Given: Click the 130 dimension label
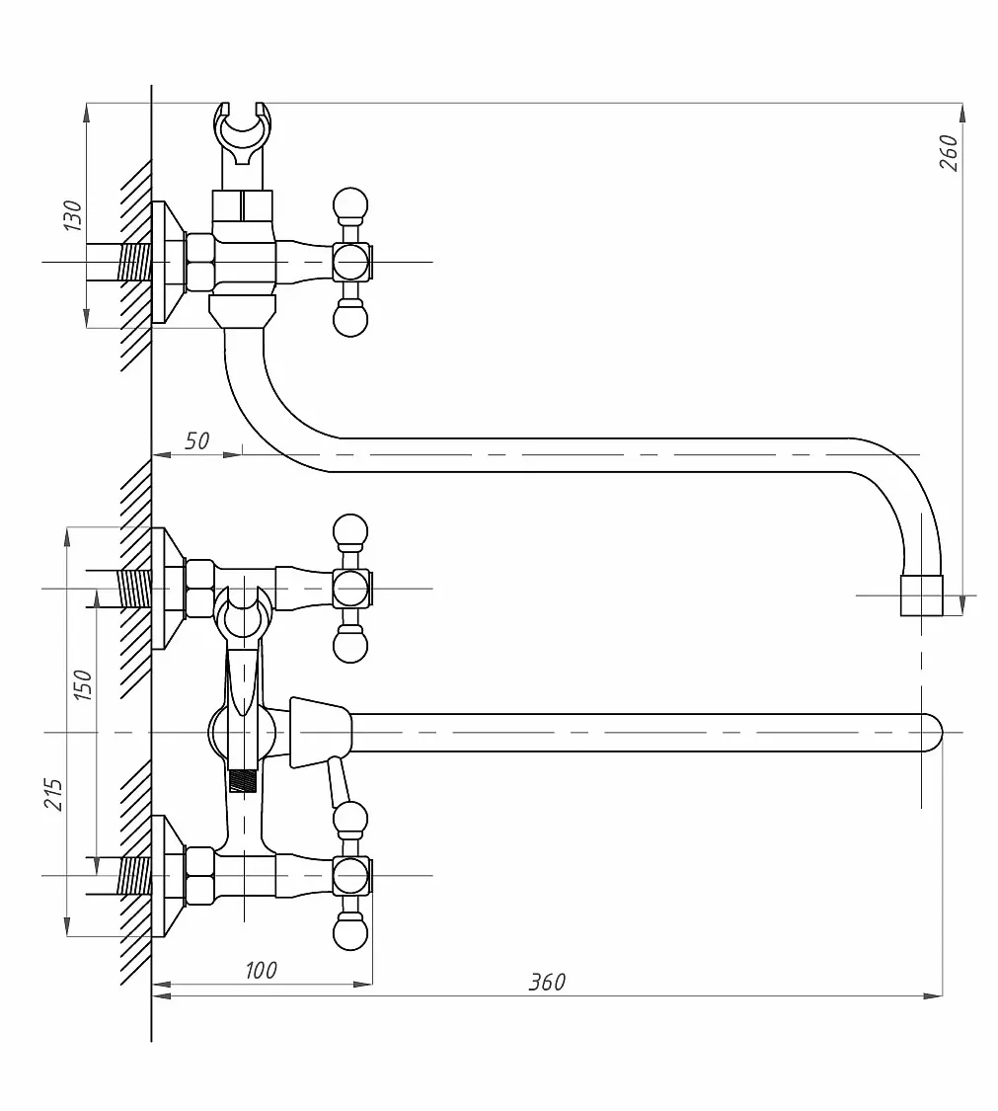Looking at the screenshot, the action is pyautogui.click(x=72, y=215).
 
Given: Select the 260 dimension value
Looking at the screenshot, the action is pyautogui.click(x=949, y=152).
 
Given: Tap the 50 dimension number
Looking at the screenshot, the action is pyautogui.click(x=196, y=440).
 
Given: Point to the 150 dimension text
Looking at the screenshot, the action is pyautogui.click(x=82, y=685).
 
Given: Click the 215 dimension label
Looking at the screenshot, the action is pyautogui.click(x=54, y=794).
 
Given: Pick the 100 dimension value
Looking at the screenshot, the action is pyautogui.click(x=261, y=970).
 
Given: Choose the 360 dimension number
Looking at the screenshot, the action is pyautogui.click(x=547, y=982).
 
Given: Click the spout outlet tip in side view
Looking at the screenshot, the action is pyautogui.click(x=922, y=595).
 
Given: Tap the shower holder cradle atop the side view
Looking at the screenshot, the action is pyautogui.click(x=245, y=134).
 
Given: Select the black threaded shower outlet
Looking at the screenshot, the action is pyautogui.click(x=245, y=781).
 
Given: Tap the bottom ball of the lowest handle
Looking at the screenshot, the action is pyautogui.click(x=350, y=932).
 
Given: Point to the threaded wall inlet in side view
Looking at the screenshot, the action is pyautogui.click(x=134, y=262).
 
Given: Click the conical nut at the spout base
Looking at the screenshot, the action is pyautogui.click(x=321, y=732).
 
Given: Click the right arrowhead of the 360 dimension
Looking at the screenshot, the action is pyautogui.click(x=934, y=996).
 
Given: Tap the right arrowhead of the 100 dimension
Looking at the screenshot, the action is pyautogui.click(x=362, y=985).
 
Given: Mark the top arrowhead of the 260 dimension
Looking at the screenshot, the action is pyautogui.click(x=961, y=114).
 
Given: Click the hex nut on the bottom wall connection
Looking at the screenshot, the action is pyautogui.click(x=199, y=876).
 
